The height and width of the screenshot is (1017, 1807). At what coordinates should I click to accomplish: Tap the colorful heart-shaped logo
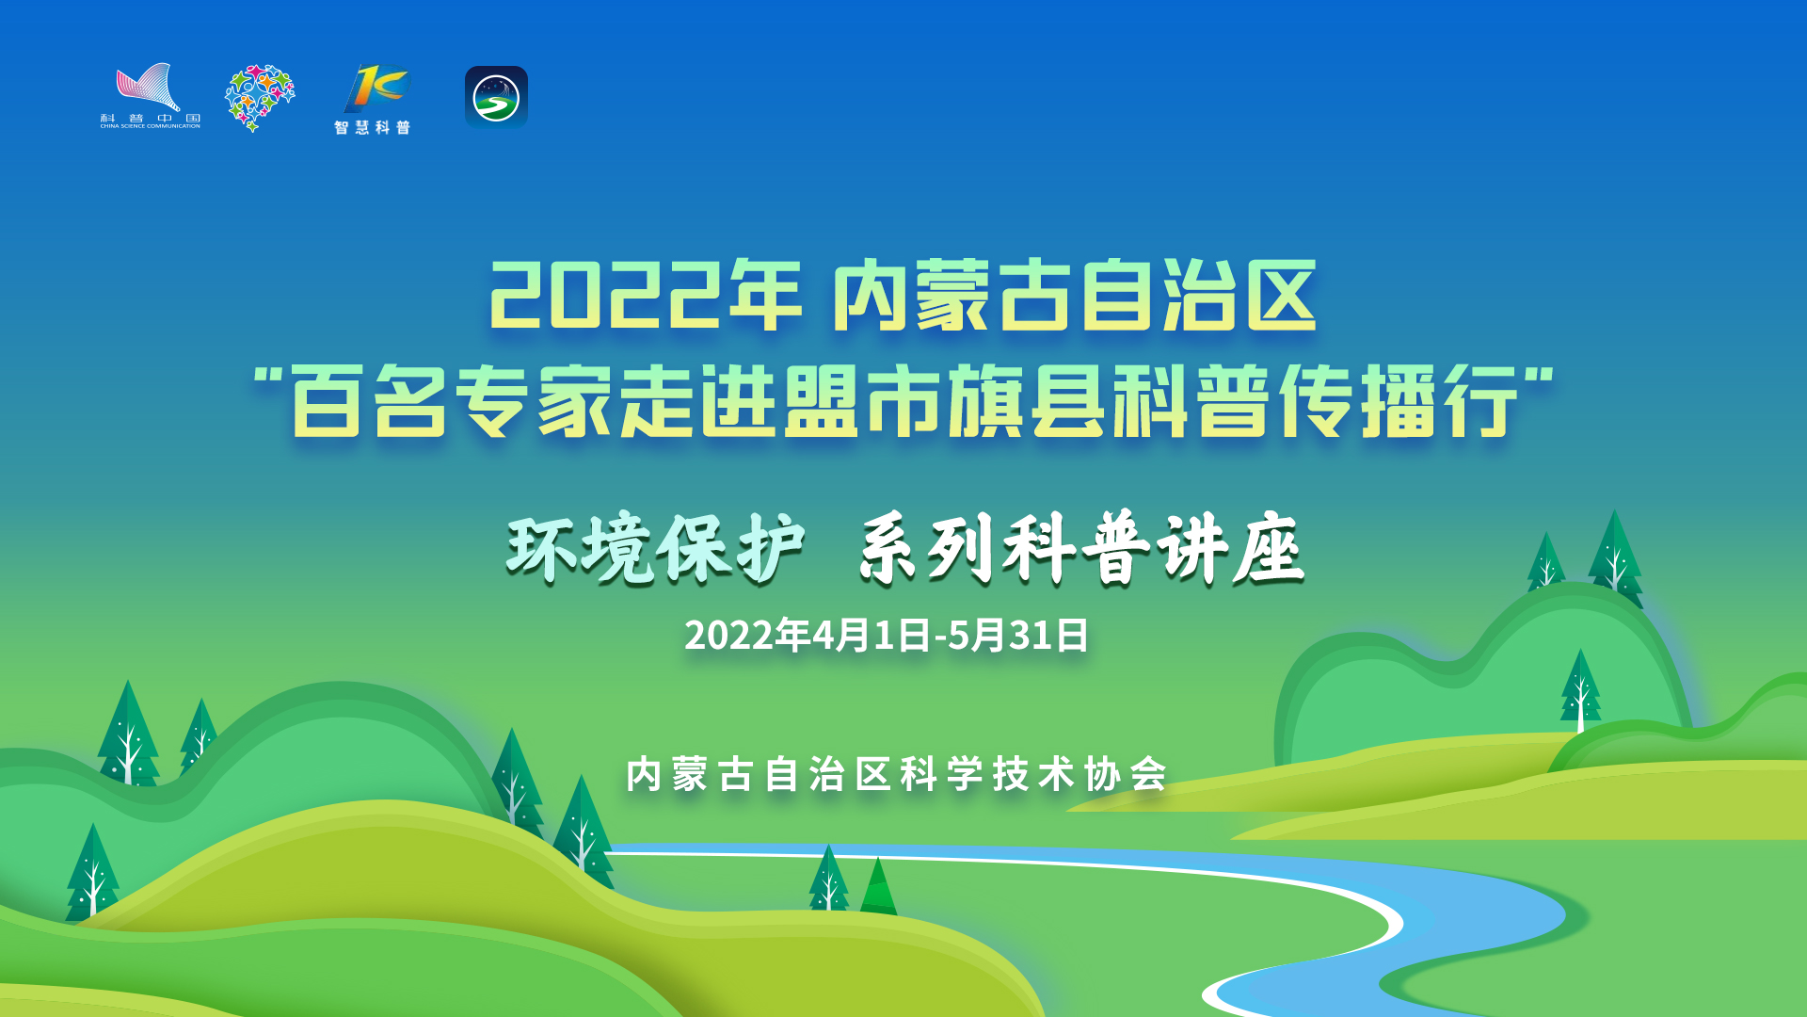click(x=260, y=98)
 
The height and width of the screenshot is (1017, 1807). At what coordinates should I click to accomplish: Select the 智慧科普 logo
click(x=374, y=100)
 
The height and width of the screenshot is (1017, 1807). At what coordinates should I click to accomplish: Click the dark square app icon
click(x=496, y=96)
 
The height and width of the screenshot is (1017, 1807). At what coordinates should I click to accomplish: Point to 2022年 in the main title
click(x=645, y=296)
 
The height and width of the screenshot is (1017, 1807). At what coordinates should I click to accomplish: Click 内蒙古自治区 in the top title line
click(x=1075, y=296)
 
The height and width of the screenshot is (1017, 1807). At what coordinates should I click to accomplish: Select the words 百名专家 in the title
click(x=452, y=402)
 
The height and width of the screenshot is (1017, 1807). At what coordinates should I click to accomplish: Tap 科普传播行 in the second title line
click(x=1315, y=402)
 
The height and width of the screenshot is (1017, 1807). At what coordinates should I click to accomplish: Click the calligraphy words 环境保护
click(x=655, y=549)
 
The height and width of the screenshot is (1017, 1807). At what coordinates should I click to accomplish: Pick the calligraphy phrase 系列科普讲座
click(x=1081, y=549)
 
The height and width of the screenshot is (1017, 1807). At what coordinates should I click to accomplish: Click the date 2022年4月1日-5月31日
click(x=887, y=636)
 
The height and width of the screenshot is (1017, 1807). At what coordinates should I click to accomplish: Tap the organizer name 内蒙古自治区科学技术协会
click(x=897, y=775)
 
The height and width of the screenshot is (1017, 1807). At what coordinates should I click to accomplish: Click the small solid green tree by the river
click(x=878, y=887)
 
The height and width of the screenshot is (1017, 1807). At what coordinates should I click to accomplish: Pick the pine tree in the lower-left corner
click(x=92, y=873)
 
